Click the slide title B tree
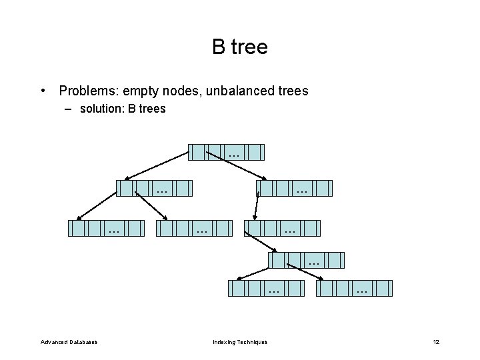pyautogui.click(x=240, y=47)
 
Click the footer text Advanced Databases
pyautogui.click(x=69, y=342)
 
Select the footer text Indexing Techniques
pyautogui.click(x=240, y=342)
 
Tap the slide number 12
pyautogui.click(x=436, y=342)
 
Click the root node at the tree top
pyautogui.click(x=226, y=153)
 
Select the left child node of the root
pyautogui.click(x=154, y=189)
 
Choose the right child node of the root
pyautogui.click(x=293, y=189)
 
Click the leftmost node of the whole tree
pyautogui.click(x=106, y=229)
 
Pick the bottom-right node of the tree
pyautogui.click(x=354, y=288)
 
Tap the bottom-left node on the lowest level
pyautogui.click(x=266, y=288)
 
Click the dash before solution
pyautogui.click(x=69, y=108)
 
